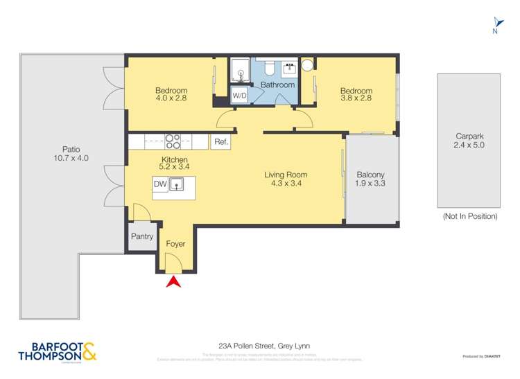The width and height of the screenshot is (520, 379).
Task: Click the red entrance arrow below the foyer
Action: tap(173, 281)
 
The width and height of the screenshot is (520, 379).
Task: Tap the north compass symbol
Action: tap(494, 25)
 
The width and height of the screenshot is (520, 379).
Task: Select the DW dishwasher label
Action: tap(159, 184)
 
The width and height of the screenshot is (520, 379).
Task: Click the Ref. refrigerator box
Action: tap(220, 142)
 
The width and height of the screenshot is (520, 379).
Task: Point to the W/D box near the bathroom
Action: tap(239, 96)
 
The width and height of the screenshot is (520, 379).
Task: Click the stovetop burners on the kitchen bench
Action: tap(173, 141)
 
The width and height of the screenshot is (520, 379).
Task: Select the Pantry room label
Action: tap(141, 237)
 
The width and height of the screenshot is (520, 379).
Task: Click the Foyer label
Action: tap(176, 244)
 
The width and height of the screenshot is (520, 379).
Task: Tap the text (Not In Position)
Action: tap(469, 216)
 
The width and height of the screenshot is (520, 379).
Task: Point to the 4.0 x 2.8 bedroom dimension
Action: tap(171, 98)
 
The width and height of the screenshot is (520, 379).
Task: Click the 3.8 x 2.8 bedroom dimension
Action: tap(356, 98)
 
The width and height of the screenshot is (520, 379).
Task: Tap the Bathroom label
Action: tap(277, 85)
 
